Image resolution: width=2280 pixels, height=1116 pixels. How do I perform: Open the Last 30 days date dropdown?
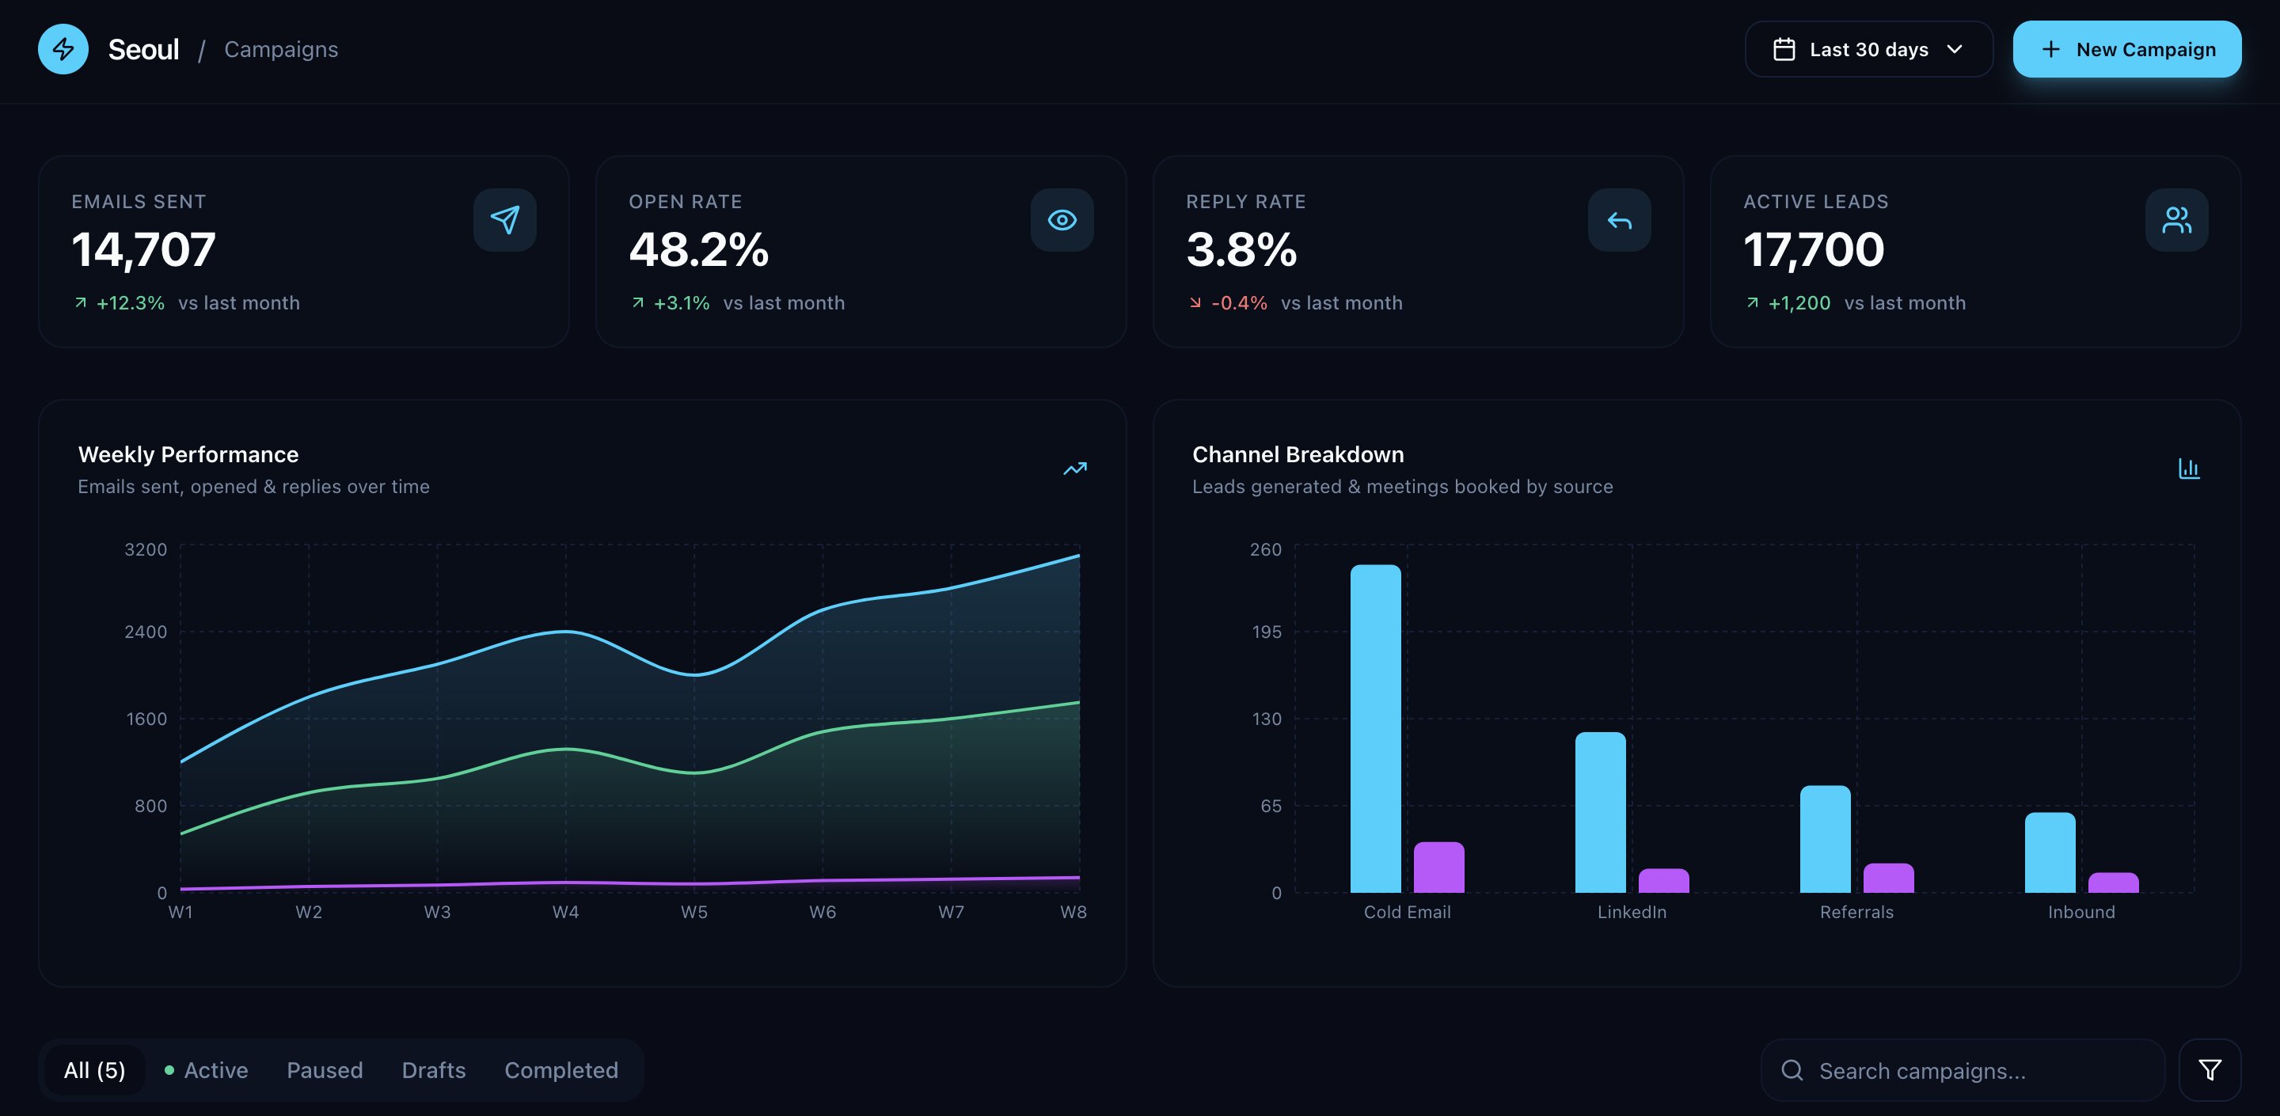click(1868, 50)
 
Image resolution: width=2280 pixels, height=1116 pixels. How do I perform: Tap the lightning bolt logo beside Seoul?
click(63, 50)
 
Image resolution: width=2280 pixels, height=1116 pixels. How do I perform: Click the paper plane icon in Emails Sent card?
click(504, 219)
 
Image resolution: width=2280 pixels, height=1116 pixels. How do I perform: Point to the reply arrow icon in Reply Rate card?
click(1618, 219)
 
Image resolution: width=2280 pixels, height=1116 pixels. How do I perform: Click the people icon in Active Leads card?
click(2175, 219)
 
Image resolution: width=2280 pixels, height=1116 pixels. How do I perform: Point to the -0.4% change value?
click(1238, 302)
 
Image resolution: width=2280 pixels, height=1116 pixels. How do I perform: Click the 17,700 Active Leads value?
click(1813, 249)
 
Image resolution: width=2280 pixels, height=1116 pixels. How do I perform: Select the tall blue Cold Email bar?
click(1374, 728)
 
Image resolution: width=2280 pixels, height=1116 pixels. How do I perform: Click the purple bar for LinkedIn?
click(1663, 881)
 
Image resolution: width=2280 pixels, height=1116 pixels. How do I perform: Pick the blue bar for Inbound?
click(2049, 852)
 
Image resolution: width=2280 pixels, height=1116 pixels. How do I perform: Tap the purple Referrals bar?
click(1888, 878)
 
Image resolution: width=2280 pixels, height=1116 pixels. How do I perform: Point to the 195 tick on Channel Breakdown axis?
click(1266, 632)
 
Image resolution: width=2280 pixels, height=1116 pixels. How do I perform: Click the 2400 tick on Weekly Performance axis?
click(145, 632)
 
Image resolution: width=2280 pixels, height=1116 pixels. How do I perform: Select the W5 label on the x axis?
click(694, 912)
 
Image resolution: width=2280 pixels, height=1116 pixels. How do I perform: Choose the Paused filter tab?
click(324, 1070)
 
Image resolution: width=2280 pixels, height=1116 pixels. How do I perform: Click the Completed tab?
click(560, 1070)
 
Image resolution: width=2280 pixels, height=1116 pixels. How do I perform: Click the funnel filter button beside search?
click(2210, 1070)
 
